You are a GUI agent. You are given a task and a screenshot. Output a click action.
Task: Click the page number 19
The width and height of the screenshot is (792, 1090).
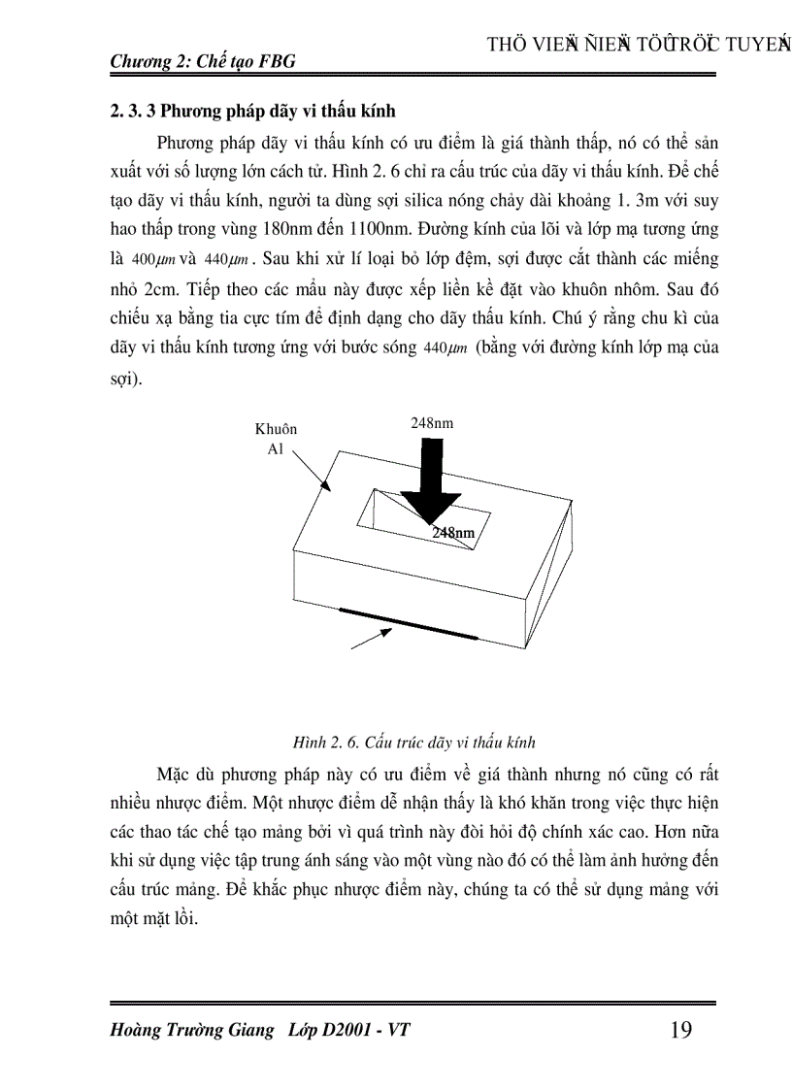[x=680, y=1030]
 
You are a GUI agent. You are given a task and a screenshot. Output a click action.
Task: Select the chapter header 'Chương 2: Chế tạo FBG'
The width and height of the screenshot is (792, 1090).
[x=203, y=61]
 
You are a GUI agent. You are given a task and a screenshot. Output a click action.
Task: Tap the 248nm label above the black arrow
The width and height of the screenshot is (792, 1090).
[x=432, y=423]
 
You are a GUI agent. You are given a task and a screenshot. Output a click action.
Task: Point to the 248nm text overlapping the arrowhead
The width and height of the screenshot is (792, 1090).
[x=453, y=533]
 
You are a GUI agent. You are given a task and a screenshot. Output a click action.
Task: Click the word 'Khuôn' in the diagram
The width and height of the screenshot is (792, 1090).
[x=276, y=429]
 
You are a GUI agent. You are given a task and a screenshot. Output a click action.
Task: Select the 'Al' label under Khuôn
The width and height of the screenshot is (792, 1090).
[x=276, y=450]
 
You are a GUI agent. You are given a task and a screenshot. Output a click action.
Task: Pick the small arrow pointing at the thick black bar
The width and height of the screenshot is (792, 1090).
[x=371, y=638]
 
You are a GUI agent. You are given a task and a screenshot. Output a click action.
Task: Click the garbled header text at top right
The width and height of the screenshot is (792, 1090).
[x=638, y=45]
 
